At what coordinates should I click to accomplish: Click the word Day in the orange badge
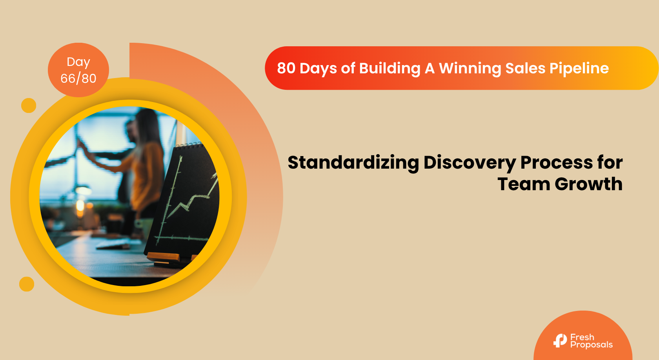click(78, 62)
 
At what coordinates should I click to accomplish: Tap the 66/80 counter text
click(78, 78)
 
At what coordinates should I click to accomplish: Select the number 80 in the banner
click(286, 68)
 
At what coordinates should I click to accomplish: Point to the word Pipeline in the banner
click(579, 68)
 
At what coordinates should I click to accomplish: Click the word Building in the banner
click(390, 69)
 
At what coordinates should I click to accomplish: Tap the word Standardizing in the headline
click(353, 163)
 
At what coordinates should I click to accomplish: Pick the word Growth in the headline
click(588, 184)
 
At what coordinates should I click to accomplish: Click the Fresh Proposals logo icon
click(560, 340)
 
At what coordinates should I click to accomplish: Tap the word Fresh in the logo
click(582, 337)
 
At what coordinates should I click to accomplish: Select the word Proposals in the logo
click(591, 345)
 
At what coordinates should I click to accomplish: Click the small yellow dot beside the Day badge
click(29, 105)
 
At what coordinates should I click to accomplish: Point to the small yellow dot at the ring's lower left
click(27, 284)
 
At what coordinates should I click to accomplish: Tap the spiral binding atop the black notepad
click(188, 145)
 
